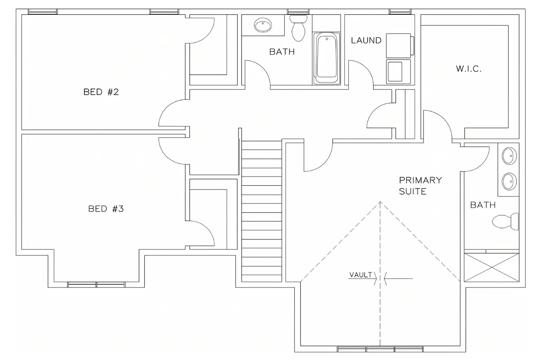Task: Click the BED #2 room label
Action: click(101, 92)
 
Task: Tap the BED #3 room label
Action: click(106, 208)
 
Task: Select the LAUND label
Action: click(366, 40)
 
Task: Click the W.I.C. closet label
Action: click(468, 69)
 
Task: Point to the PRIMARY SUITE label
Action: click(420, 186)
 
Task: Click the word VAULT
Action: click(360, 274)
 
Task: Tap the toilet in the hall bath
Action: click(298, 28)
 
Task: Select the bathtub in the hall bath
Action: click(326, 58)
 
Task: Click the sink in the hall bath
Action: click(263, 25)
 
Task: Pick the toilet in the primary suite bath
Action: click(505, 221)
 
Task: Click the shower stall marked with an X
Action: click(491, 267)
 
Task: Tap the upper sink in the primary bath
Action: click(509, 156)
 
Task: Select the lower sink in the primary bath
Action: click(509, 181)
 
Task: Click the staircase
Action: click(261, 211)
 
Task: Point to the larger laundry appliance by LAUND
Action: click(400, 45)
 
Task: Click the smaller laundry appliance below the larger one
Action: click(398, 72)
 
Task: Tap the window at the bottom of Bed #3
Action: click(96, 284)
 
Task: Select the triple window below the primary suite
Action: click(380, 349)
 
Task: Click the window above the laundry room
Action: click(400, 12)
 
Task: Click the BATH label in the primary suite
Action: click(483, 205)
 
